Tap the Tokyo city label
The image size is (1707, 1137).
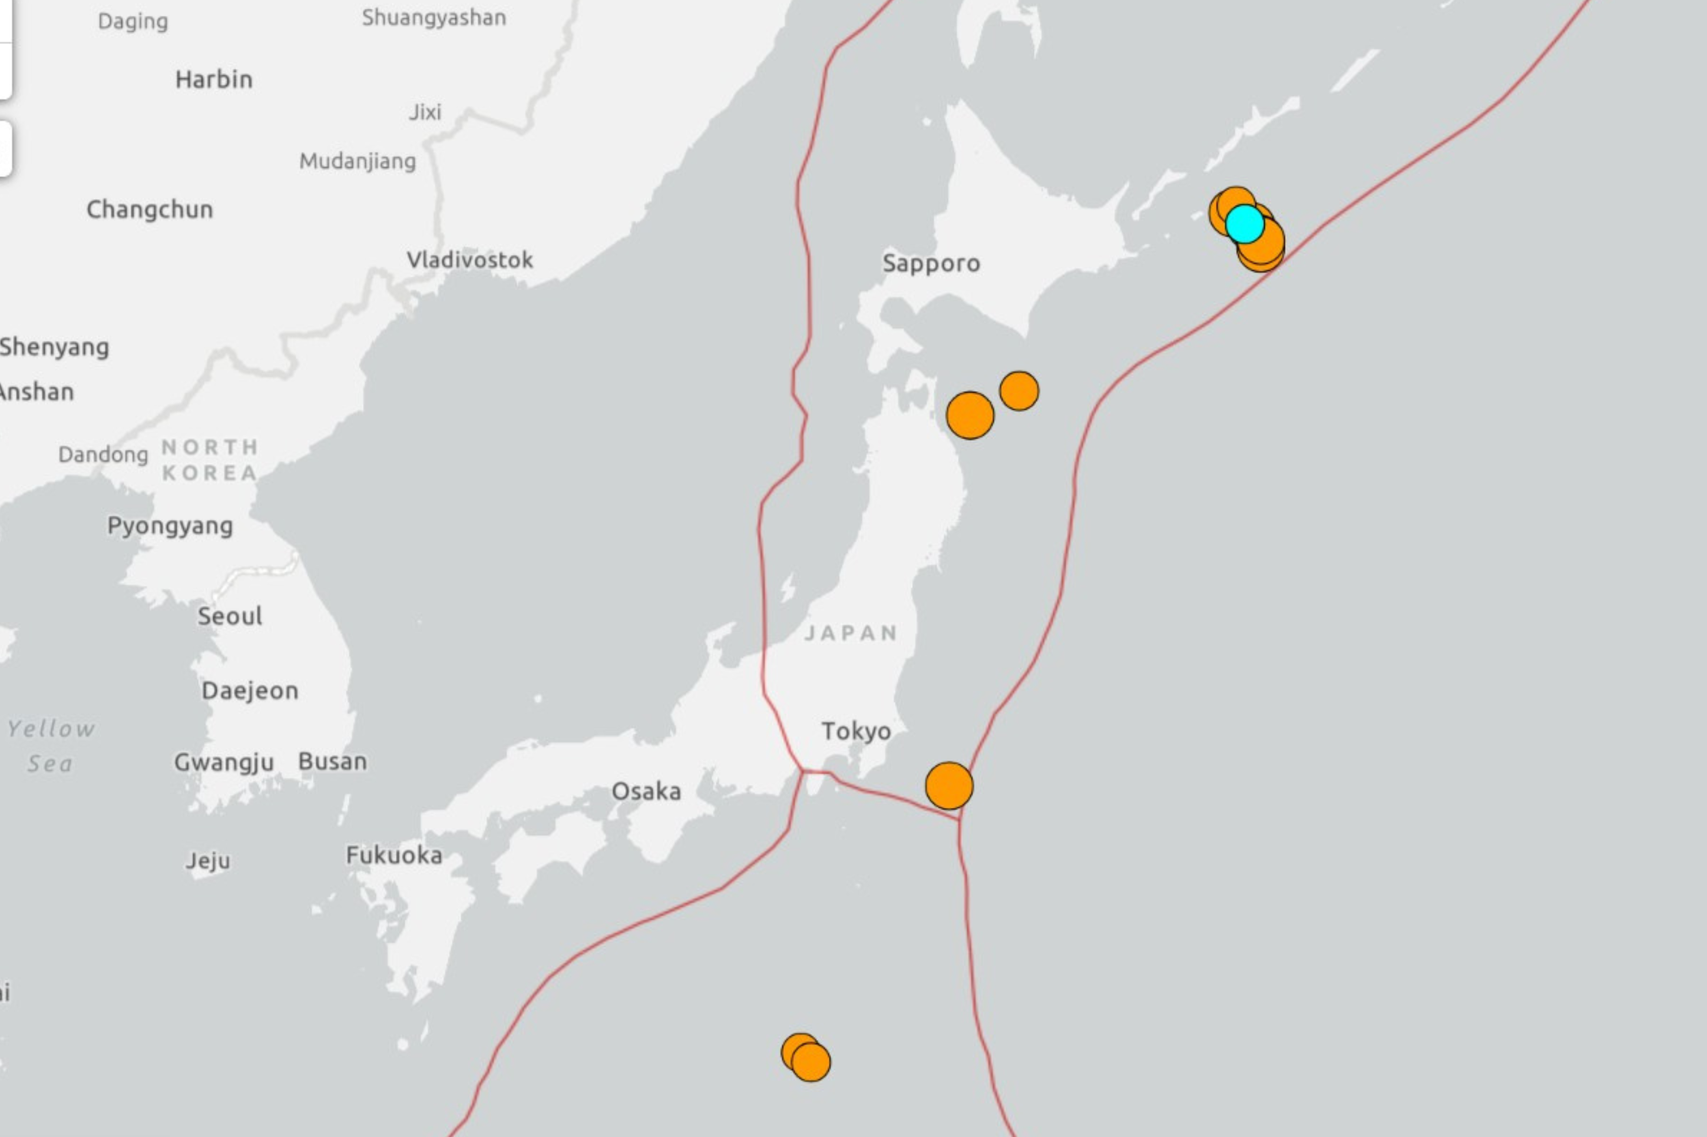(x=856, y=731)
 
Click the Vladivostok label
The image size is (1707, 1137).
(x=469, y=260)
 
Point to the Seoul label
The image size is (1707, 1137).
(x=229, y=616)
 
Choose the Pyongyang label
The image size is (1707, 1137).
(x=170, y=526)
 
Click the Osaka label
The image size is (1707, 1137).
(x=646, y=791)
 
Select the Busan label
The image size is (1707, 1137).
(x=332, y=762)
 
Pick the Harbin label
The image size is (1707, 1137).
(x=214, y=79)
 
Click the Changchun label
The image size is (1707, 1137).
(x=149, y=210)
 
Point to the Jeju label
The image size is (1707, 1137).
(x=207, y=861)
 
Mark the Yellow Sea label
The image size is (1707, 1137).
(x=51, y=745)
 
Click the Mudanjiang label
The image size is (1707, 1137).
(x=357, y=161)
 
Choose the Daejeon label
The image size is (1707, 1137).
(x=250, y=690)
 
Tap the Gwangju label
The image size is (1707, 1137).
(x=224, y=762)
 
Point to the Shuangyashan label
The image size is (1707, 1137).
(x=434, y=17)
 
